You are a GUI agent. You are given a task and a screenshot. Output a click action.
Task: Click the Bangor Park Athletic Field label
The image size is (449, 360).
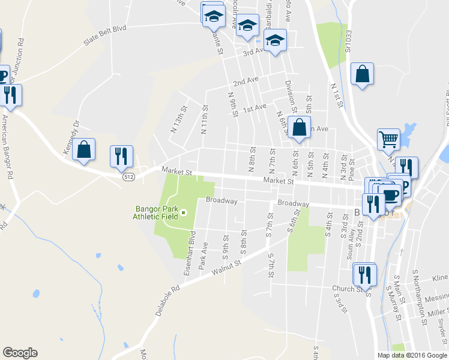(156, 212)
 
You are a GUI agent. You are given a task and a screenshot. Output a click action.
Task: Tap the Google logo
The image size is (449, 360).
(20, 352)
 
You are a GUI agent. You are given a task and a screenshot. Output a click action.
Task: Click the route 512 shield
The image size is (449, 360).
(128, 177)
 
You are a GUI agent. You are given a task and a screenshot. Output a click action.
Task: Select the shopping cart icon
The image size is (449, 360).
(388, 140)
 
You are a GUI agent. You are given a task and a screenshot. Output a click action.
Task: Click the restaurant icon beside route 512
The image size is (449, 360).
(121, 156)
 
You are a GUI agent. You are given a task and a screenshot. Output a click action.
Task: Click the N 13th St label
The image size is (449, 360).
(179, 119)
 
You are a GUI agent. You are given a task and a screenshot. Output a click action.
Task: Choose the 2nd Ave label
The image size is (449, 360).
(246, 80)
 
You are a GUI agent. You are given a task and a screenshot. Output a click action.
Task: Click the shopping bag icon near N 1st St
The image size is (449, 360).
(363, 74)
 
